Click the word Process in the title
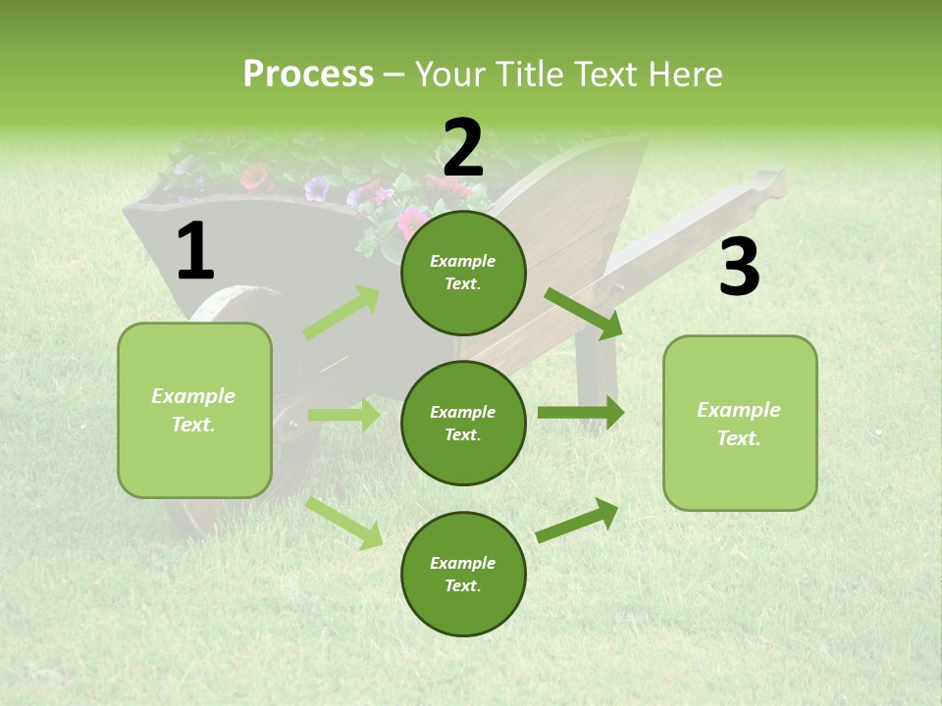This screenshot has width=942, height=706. pos(308,75)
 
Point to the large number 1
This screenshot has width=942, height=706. pos(195,252)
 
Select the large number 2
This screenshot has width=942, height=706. pos(463,148)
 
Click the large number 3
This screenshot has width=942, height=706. pos(739,268)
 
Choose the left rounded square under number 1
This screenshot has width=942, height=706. pos(194,410)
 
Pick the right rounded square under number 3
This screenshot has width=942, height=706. pos(740,423)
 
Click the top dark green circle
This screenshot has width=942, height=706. pos(463,273)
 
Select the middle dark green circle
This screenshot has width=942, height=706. pos(463,423)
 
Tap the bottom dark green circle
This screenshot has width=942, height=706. pos(463,574)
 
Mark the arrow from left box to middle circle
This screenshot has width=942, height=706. pos(343,415)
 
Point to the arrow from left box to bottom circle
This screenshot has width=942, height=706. pos(344,523)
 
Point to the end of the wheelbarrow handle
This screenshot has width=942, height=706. pos(770,181)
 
